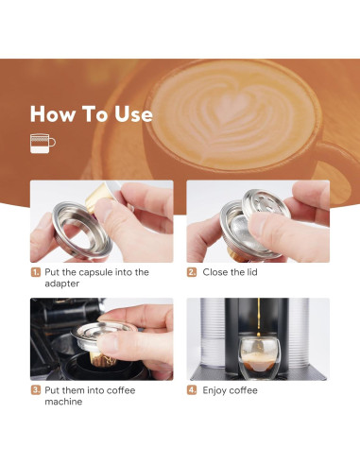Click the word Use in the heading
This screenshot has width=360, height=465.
coord(129,114)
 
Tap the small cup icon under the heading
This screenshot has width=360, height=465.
coord(43,144)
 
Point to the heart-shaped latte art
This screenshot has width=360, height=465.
coord(220,116)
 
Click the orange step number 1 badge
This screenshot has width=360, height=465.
coord(35,272)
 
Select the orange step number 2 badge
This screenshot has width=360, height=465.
coord(192,272)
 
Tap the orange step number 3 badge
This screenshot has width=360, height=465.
coord(35,390)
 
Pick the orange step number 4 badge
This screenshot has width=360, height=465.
coord(192,390)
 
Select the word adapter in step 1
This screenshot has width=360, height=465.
coord(63,284)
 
